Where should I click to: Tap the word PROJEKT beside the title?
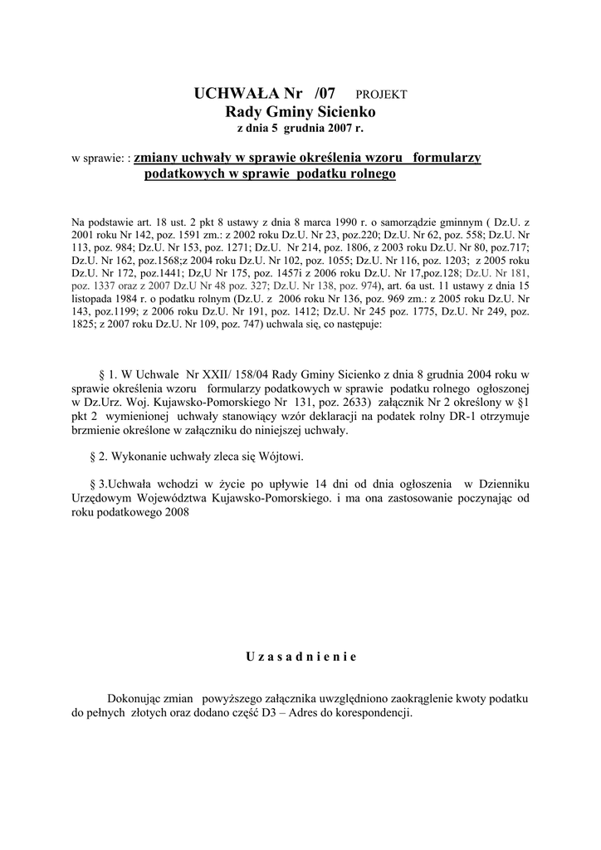pyautogui.click(x=381, y=95)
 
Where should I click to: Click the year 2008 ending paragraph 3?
pyautogui.click(x=177, y=512)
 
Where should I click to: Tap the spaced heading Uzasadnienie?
pyautogui.click(x=300, y=657)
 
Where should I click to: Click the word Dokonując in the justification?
pyautogui.click(x=134, y=699)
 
